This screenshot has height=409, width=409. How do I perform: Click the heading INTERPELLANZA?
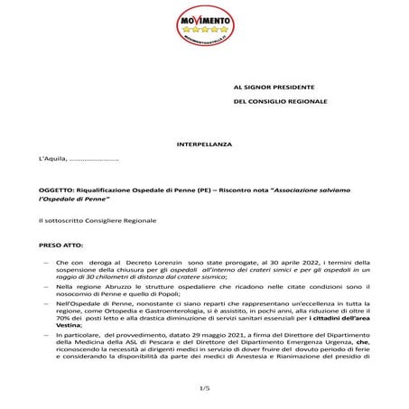(x=204, y=144)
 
